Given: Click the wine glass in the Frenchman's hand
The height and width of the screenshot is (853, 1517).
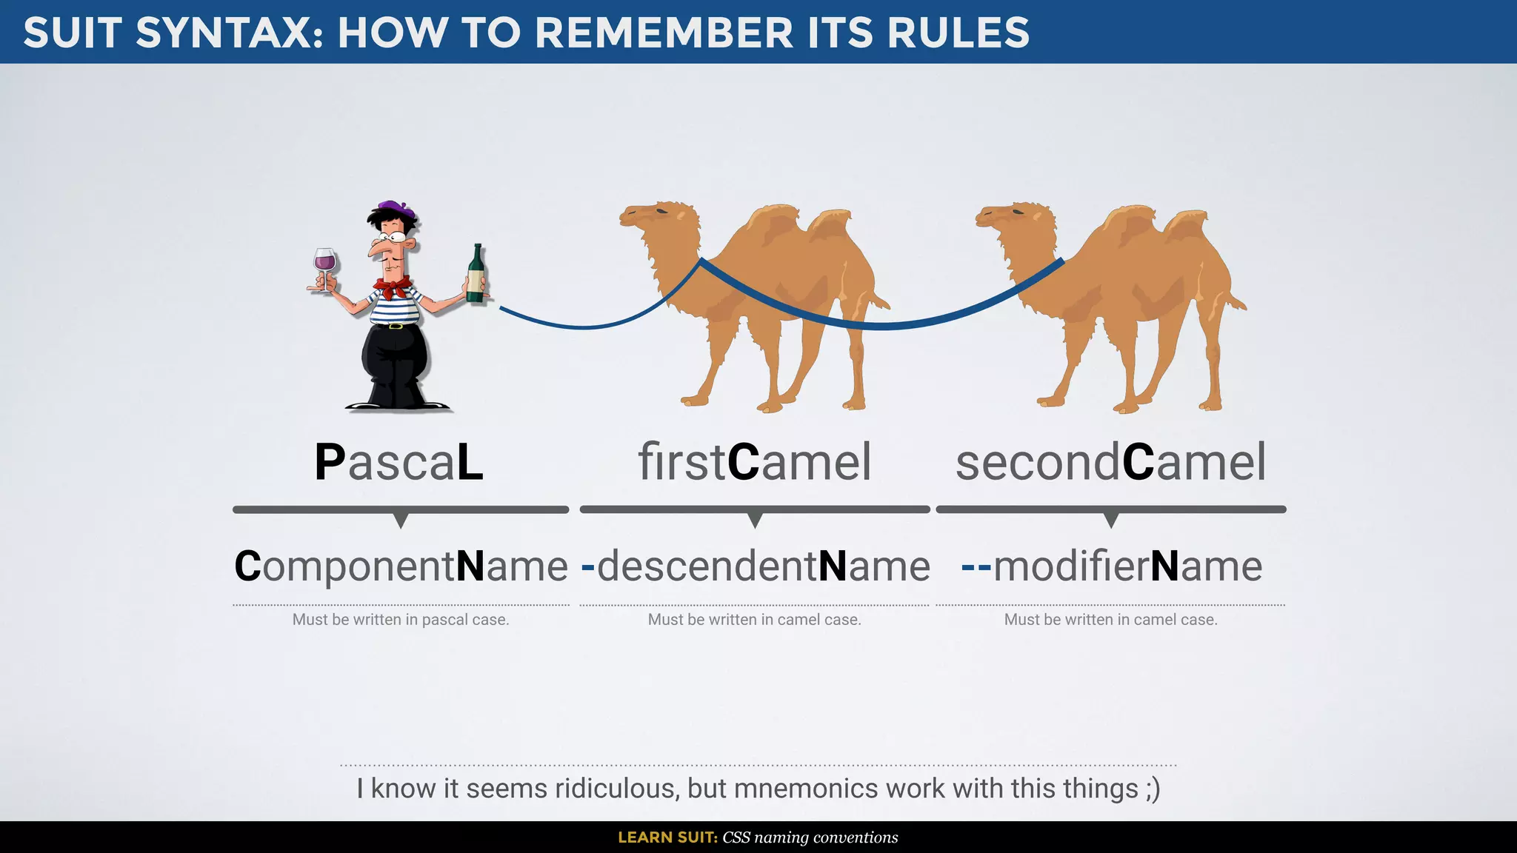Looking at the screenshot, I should coord(324,262).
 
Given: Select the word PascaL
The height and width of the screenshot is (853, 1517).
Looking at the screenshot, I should coord(399,462).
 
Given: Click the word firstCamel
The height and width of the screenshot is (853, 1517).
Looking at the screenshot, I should coord(755,462).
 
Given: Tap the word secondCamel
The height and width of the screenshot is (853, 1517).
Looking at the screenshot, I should coord(1110,462).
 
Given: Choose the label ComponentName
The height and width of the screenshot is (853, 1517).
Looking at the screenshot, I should coord(401,566).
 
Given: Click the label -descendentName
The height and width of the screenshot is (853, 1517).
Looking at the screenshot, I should coord(756,566).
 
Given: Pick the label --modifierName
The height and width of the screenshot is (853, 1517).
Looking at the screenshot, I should coord(1111,566).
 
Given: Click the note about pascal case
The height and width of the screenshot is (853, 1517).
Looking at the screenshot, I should coord(401,620).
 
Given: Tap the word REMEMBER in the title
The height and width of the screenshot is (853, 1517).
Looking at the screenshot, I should coord(664,33).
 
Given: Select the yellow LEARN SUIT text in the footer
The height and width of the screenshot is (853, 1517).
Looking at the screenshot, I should coord(667,837).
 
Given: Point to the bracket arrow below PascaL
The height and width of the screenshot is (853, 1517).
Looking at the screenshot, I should coord(401,520).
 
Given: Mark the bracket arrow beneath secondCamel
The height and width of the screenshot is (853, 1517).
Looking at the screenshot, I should coord(1110,520).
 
